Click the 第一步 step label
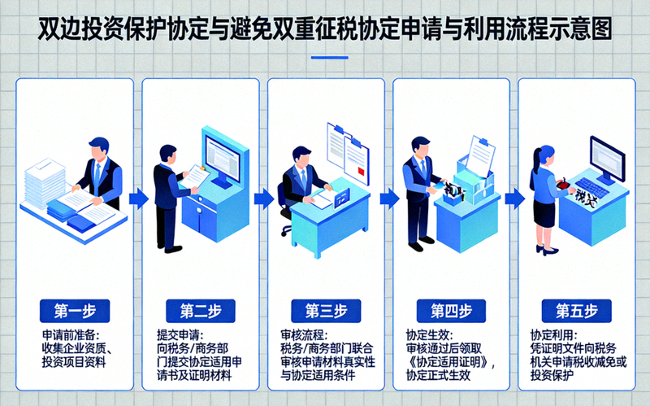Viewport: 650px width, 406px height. pyautogui.click(x=75, y=310)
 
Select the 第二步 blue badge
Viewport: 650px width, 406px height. pyautogui.click(x=200, y=310)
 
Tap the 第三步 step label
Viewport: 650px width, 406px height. pyautogui.click(x=326, y=310)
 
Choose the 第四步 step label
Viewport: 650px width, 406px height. pyautogui.click(x=451, y=310)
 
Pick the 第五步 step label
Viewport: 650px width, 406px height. pyautogui.click(x=577, y=310)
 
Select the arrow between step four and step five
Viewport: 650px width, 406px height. pyautogui.click(x=513, y=198)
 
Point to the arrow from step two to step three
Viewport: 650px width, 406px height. pyautogui.click(x=262, y=198)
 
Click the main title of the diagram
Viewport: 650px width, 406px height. pyautogui.click(x=325, y=30)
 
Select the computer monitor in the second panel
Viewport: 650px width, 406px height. pyautogui.click(x=223, y=159)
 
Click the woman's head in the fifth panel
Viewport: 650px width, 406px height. pyautogui.click(x=544, y=155)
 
